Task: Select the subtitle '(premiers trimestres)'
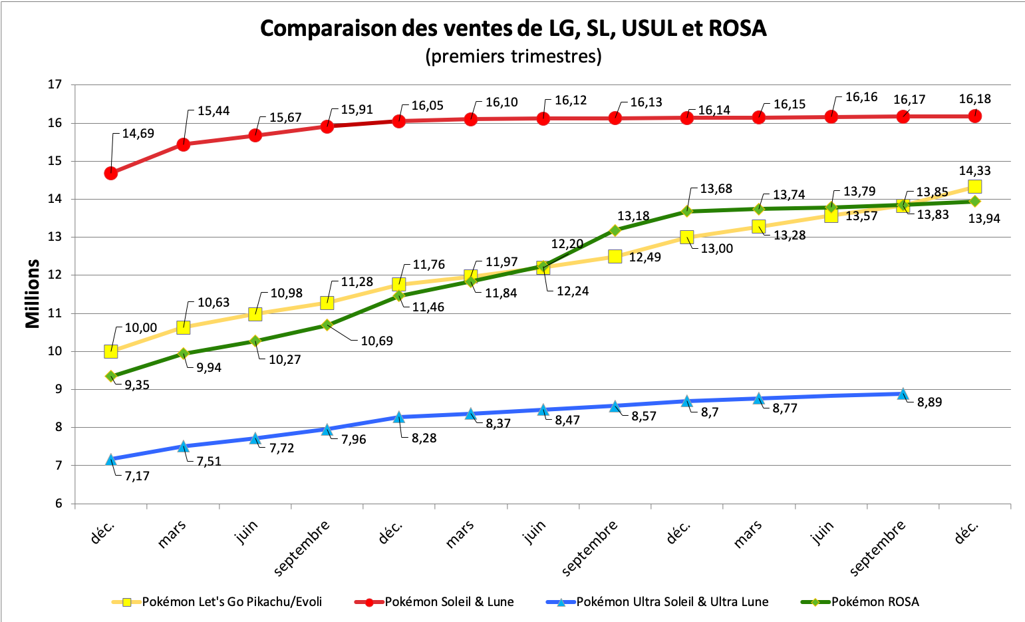click(x=513, y=56)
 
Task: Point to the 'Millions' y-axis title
click(x=32, y=293)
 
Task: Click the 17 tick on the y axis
click(x=55, y=84)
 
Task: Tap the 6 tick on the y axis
click(x=58, y=504)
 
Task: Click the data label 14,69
click(x=138, y=133)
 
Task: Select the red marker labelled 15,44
click(x=183, y=144)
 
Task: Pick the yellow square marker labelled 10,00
click(x=111, y=351)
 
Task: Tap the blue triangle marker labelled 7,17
click(x=111, y=459)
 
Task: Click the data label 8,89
click(x=929, y=402)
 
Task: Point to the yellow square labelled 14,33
click(x=974, y=186)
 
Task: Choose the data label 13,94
click(x=984, y=218)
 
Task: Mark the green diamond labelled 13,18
click(x=615, y=230)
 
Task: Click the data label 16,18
click(x=974, y=99)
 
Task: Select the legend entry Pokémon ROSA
click(x=875, y=602)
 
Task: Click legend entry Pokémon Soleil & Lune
click(x=449, y=602)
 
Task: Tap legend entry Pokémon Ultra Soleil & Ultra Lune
click(x=672, y=602)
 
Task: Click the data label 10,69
click(x=376, y=341)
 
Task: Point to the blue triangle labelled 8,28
click(x=399, y=417)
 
